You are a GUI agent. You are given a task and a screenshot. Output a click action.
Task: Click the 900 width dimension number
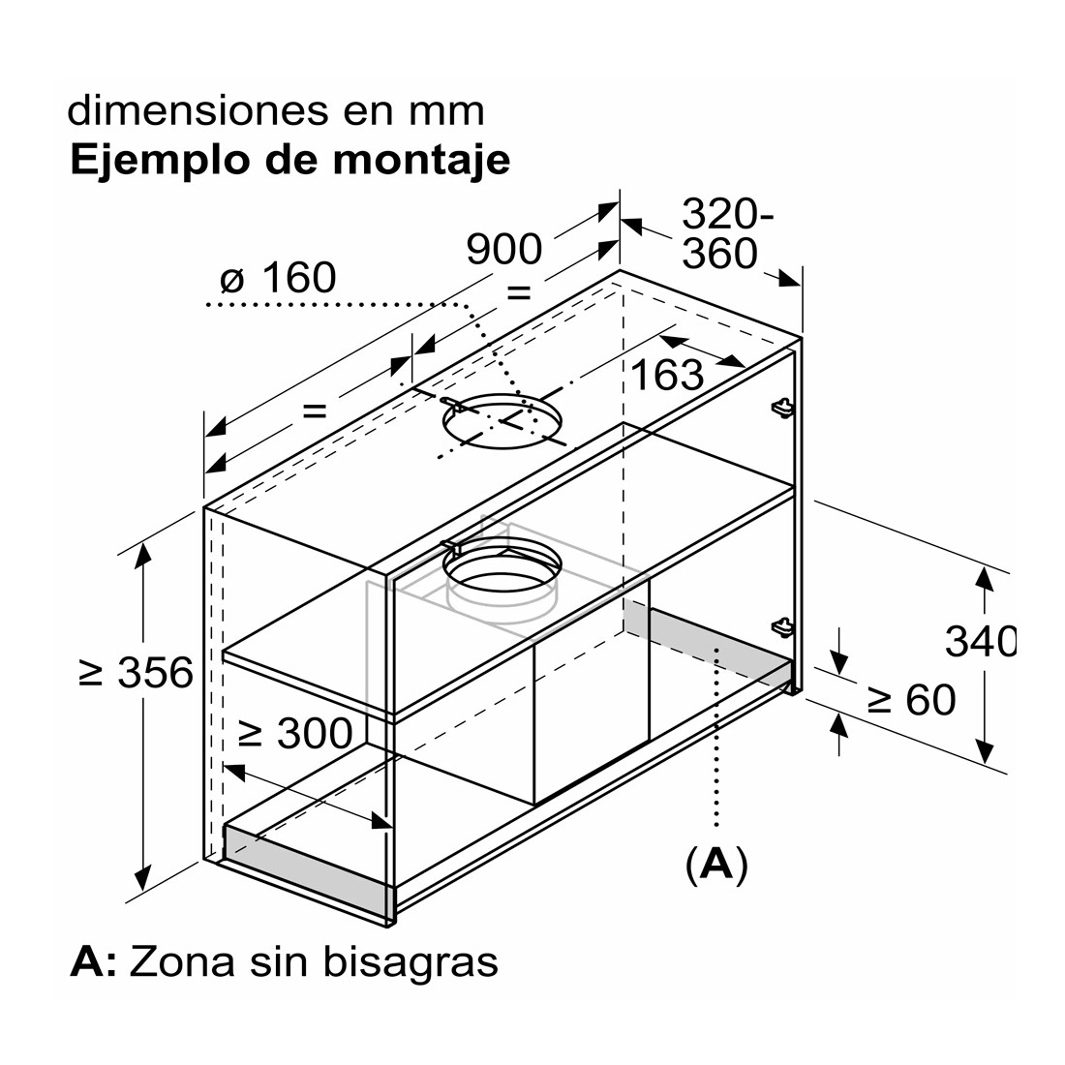504,249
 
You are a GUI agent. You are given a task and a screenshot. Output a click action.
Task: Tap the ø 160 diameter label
279,277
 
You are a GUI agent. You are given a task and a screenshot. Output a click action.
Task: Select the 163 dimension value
667,375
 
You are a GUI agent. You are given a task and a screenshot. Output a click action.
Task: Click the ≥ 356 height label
137,673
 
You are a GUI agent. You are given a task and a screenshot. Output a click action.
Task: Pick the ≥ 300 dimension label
296,732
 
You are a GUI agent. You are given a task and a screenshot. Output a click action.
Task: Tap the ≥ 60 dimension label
911,700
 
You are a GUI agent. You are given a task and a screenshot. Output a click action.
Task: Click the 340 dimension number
981,641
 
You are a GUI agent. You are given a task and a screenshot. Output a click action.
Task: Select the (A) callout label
716,865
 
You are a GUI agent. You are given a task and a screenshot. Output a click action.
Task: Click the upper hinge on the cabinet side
782,408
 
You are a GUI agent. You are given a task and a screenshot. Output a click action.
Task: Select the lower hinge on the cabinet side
782,627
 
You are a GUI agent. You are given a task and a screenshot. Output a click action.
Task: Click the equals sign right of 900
518,292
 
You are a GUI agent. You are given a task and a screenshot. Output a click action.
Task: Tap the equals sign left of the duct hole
315,411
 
